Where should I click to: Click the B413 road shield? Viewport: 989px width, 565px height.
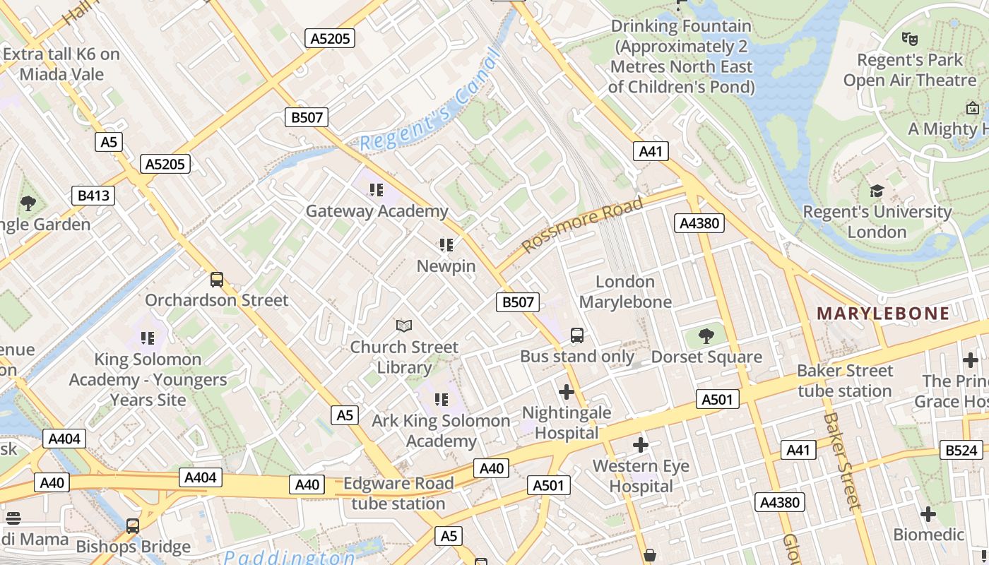click(93, 195)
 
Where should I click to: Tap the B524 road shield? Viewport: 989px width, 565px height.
click(961, 450)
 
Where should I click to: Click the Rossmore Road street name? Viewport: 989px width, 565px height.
click(583, 224)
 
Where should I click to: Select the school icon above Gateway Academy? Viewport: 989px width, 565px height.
click(376, 189)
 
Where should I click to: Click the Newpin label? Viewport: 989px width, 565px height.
click(446, 266)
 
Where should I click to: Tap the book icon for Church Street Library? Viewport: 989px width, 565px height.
click(404, 326)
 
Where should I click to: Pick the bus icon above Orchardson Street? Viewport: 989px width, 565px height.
click(217, 279)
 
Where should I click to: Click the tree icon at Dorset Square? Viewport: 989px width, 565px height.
click(706, 335)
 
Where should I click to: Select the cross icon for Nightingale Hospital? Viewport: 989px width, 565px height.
click(566, 391)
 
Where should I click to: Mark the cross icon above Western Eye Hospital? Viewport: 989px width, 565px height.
click(641, 445)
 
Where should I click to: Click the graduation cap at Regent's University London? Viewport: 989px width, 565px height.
click(877, 191)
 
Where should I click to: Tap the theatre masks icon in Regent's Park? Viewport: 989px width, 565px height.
click(910, 39)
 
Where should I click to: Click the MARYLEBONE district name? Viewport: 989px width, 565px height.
click(883, 314)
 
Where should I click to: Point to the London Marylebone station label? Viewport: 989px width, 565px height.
click(625, 292)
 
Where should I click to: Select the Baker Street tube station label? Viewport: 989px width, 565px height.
click(845, 381)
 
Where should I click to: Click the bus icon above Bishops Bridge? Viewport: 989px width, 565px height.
click(133, 525)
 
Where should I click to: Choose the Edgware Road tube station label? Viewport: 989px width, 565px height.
click(398, 494)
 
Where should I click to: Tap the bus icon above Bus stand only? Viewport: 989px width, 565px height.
click(577, 335)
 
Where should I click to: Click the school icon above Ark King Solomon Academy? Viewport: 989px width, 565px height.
click(442, 400)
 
